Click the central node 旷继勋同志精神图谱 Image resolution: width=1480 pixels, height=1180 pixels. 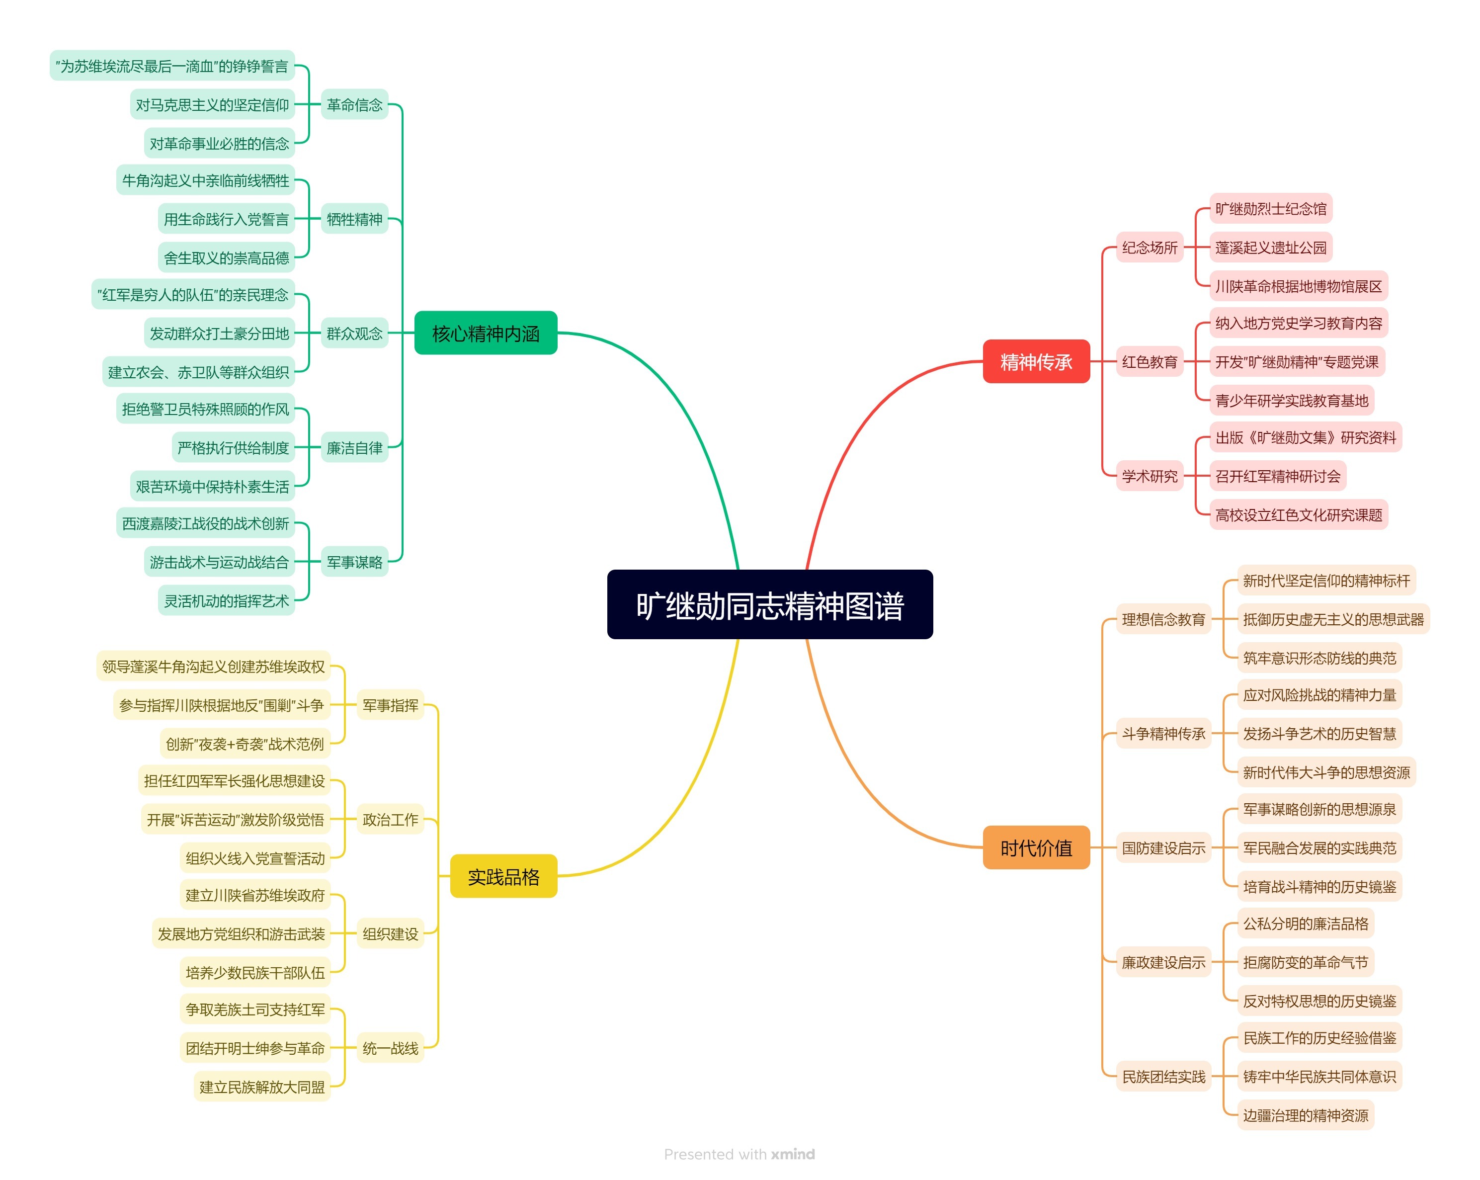click(769, 605)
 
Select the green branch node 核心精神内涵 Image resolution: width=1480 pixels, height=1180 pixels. click(486, 333)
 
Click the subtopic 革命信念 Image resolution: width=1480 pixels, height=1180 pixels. click(354, 104)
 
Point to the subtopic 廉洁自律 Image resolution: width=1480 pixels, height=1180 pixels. click(354, 447)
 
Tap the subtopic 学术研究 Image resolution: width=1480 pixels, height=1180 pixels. click(1149, 476)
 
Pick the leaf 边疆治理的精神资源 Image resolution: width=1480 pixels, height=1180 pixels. click(1305, 1115)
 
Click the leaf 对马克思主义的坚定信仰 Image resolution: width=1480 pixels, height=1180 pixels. click(212, 104)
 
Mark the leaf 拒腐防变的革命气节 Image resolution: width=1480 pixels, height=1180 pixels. click(1305, 962)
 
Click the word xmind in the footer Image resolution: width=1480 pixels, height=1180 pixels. click(792, 1154)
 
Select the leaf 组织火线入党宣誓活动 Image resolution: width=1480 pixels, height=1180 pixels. click(254, 857)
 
